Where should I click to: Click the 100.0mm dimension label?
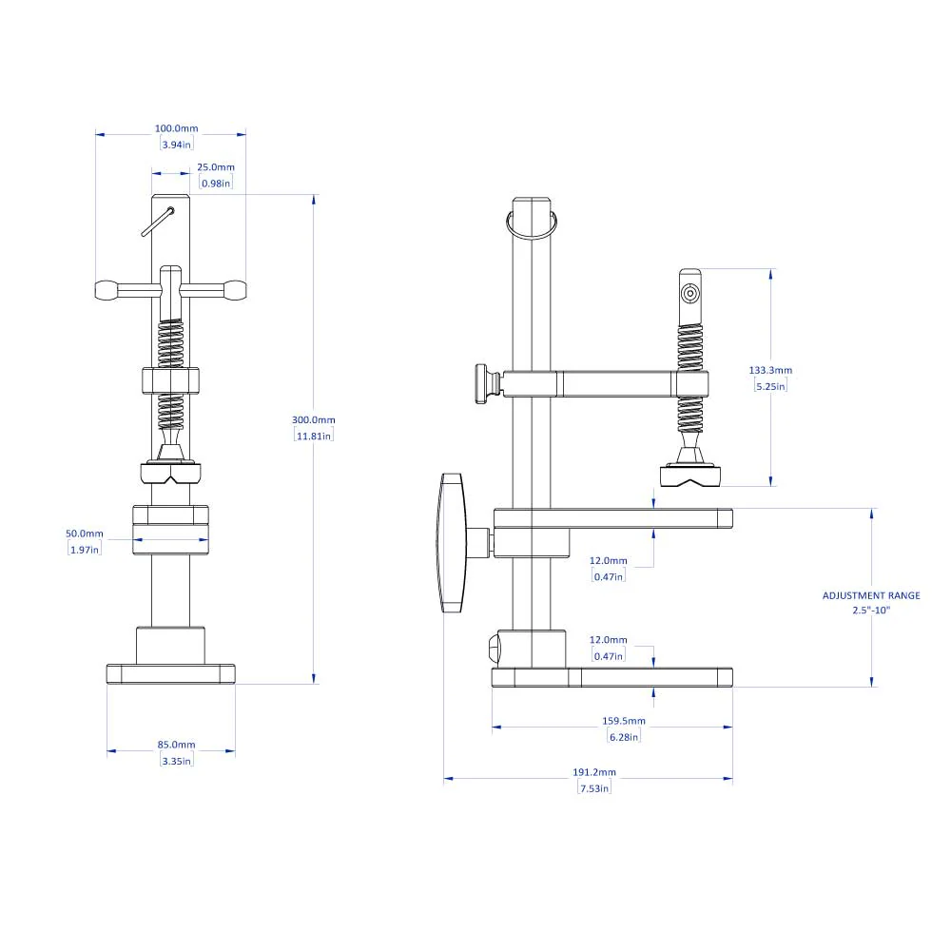coord(177,128)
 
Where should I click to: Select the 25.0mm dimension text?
coord(216,167)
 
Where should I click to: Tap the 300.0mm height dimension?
coord(314,419)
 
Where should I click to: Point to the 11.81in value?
coord(314,436)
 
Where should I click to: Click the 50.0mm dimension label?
coord(85,534)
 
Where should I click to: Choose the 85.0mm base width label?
coord(177,745)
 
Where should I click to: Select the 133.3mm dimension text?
coord(771,370)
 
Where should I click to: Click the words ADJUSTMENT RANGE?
coord(871,595)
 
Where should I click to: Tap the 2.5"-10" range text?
coord(871,611)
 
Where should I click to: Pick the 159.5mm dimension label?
coord(625,721)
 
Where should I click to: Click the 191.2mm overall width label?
coord(595,772)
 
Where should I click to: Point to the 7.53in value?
coord(594,787)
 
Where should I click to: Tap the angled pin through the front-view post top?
coord(157,222)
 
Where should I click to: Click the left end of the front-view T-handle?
coord(105,290)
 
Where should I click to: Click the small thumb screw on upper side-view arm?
coord(486,382)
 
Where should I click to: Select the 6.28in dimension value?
coord(625,736)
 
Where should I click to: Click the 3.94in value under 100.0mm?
coord(177,145)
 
